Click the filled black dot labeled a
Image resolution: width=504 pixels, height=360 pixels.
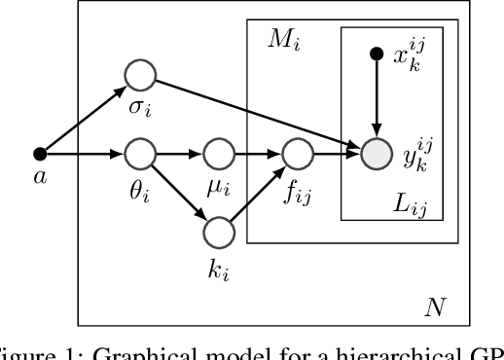click(40, 153)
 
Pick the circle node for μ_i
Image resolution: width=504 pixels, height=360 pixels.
click(216, 153)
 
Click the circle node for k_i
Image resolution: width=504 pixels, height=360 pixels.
click(216, 232)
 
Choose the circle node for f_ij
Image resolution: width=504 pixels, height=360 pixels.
click(296, 153)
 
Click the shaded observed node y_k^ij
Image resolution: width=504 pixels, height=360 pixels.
click(376, 153)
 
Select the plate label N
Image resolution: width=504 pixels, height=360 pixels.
click(435, 309)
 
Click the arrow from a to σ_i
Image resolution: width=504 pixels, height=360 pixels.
click(88, 114)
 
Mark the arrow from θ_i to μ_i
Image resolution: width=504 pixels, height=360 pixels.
click(179, 153)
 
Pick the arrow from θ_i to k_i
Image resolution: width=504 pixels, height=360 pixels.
click(179, 192)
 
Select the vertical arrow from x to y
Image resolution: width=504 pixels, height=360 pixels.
click(376, 97)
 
